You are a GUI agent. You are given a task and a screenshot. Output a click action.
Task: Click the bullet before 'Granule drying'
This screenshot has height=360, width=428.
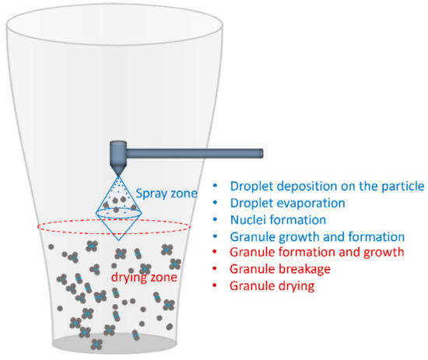point(216,286)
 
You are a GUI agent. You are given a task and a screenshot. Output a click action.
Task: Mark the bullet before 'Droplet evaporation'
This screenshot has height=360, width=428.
point(216,203)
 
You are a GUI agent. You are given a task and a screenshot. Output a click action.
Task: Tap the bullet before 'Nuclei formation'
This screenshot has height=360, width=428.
point(216,219)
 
